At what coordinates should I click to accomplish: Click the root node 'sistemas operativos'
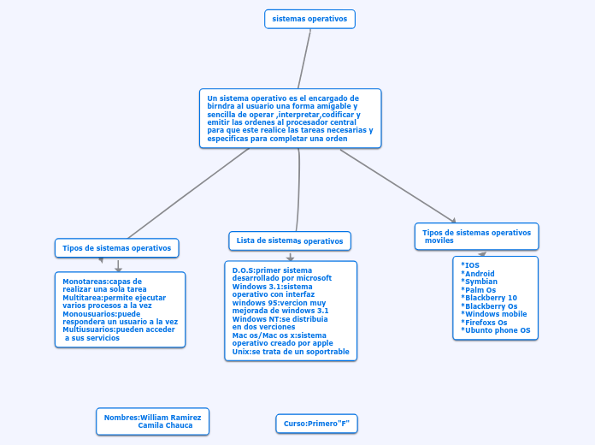(309, 18)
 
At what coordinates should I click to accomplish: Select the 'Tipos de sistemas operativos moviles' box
(477, 236)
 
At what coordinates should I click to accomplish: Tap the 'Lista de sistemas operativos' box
(290, 240)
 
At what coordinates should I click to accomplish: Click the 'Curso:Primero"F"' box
(316, 424)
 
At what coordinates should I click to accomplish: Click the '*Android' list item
(478, 274)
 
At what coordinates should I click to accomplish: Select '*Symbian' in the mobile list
(479, 282)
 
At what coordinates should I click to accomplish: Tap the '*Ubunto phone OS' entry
(495, 330)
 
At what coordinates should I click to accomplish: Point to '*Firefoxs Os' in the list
(484, 323)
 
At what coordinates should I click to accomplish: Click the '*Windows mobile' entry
(493, 314)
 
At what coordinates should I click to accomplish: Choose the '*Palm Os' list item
(479, 290)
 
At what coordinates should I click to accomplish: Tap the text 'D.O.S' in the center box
(243, 270)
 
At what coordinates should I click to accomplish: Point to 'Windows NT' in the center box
(250, 318)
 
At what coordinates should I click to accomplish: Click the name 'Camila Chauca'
(165, 425)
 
